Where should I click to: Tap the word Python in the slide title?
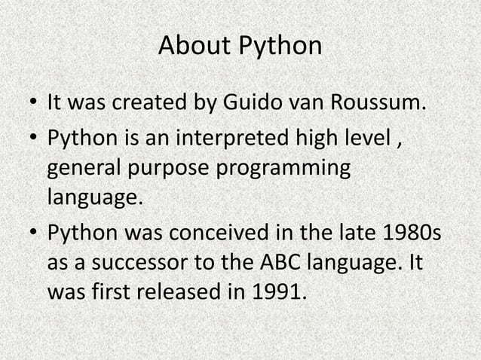(279, 47)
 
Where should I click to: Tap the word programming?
(284, 169)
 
